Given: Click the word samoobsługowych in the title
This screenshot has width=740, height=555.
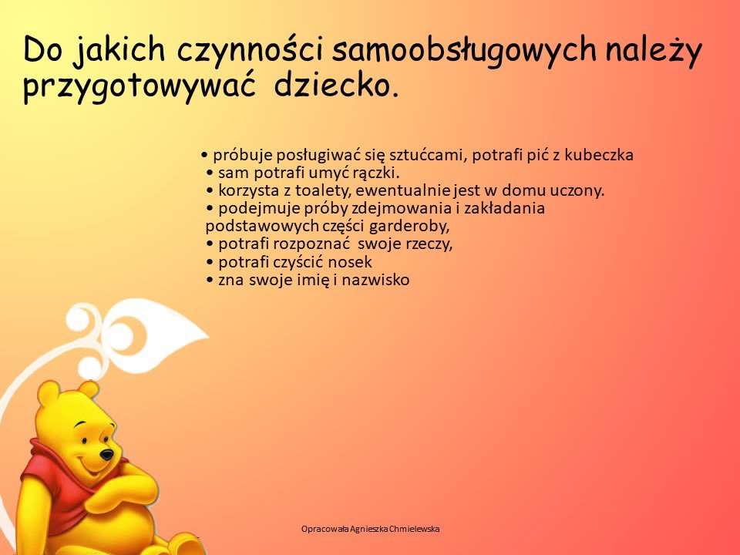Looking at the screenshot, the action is (464, 50).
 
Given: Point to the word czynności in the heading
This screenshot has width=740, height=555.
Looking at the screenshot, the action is (248, 51).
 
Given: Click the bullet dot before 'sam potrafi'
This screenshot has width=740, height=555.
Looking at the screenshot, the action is (210, 173).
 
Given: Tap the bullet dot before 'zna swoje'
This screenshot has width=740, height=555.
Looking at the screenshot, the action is (210, 281).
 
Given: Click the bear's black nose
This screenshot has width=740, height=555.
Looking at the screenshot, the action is (106, 455).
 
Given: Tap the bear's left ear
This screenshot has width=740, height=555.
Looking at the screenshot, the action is (49, 395).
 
